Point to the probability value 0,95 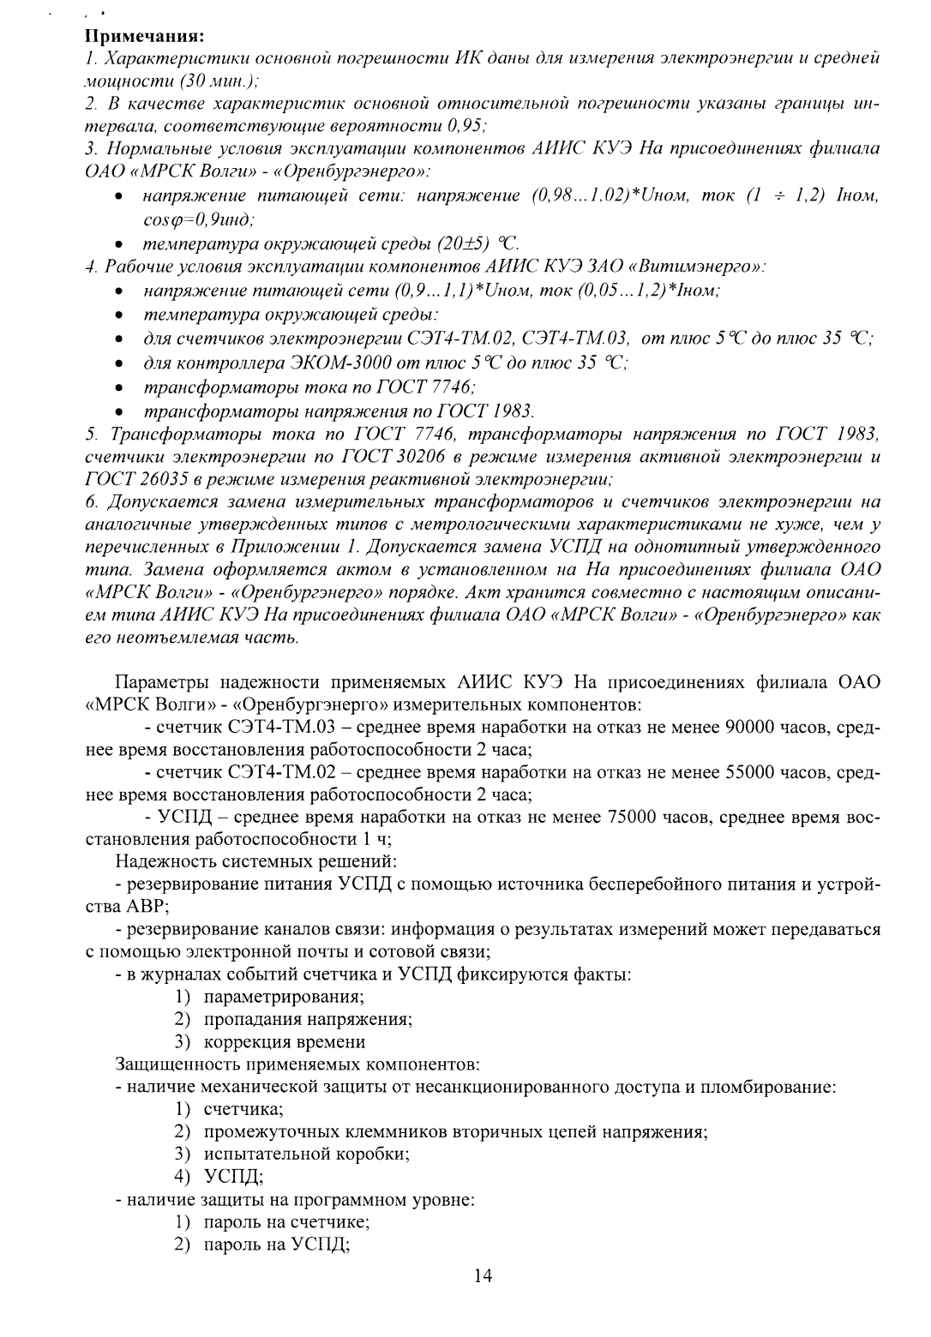coord(465,127)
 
